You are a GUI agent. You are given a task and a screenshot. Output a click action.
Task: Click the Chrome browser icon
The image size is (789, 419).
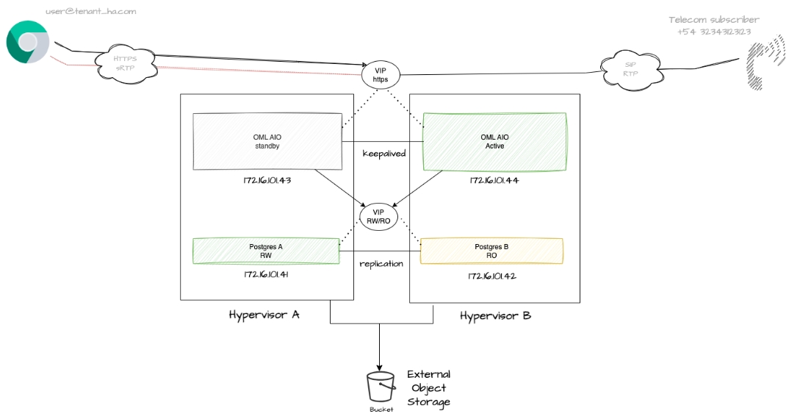[28, 43]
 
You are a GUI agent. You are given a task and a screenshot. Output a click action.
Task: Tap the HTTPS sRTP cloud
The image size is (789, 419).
[126, 63]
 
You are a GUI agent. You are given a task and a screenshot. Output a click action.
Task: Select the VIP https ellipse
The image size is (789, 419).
[381, 75]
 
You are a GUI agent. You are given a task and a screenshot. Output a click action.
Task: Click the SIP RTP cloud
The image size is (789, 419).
[630, 68]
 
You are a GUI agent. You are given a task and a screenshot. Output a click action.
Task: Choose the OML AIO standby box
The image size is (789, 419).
[267, 141]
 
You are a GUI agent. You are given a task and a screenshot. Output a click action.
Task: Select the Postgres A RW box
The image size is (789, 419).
[266, 251]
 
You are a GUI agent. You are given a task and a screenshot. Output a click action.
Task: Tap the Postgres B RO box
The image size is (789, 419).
[491, 251]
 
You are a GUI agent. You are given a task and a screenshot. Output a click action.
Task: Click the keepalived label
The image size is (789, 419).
[384, 154]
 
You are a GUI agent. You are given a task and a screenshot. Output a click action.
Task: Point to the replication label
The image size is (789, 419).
[381, 264]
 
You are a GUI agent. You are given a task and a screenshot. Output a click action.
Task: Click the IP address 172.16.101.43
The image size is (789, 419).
[267, 181]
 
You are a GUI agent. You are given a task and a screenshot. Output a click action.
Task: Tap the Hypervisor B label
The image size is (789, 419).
[495, 316]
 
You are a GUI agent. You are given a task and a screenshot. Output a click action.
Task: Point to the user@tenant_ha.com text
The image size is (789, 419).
[91, 11]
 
